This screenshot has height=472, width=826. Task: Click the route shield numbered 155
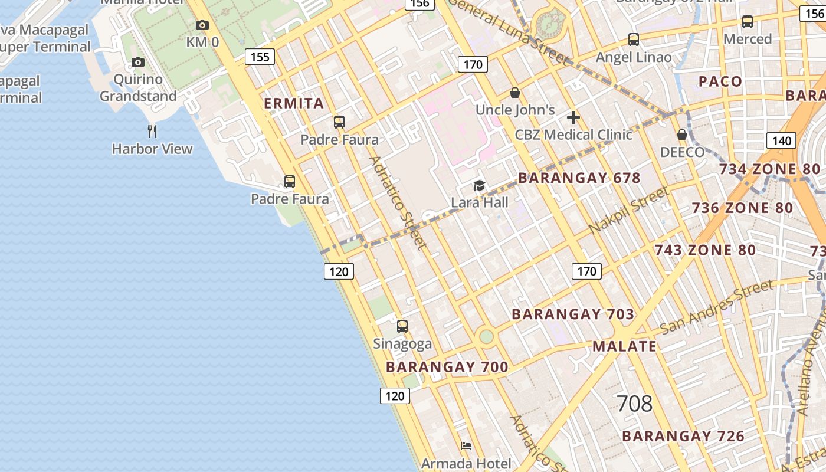click(x=260, y=57)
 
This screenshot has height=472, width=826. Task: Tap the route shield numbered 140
click(x=782, y=140)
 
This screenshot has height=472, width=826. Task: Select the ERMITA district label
click(x=294, y=103)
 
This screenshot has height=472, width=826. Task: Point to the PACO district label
click(x=720, y=81)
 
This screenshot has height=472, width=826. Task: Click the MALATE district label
click(x=624, y=346)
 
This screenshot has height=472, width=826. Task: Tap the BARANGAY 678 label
click(x=579, y=178)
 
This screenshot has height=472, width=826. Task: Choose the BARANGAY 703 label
click(x=573, y=314)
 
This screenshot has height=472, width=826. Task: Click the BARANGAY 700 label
click(x=447, y=367)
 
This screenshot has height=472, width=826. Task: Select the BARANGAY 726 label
click(x=683, y=436)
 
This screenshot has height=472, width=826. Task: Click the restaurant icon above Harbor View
click(x=152, y=131)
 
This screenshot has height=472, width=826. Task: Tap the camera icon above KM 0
click(x=202, y=25)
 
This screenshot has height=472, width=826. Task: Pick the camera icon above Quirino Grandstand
click(x=138, y=62)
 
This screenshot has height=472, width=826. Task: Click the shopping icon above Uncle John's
click(x=515, y=93)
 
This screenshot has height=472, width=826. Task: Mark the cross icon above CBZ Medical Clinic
click(x=573, y=117)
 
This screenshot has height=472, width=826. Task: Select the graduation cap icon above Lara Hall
click(x=479, y=186)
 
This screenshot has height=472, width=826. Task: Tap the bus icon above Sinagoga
click(x=402, y=326)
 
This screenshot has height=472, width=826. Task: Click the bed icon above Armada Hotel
click(x=466, y=445)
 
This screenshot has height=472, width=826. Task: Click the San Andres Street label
click(x=716, y=307)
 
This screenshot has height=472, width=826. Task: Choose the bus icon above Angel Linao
click(x=634, y=40)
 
